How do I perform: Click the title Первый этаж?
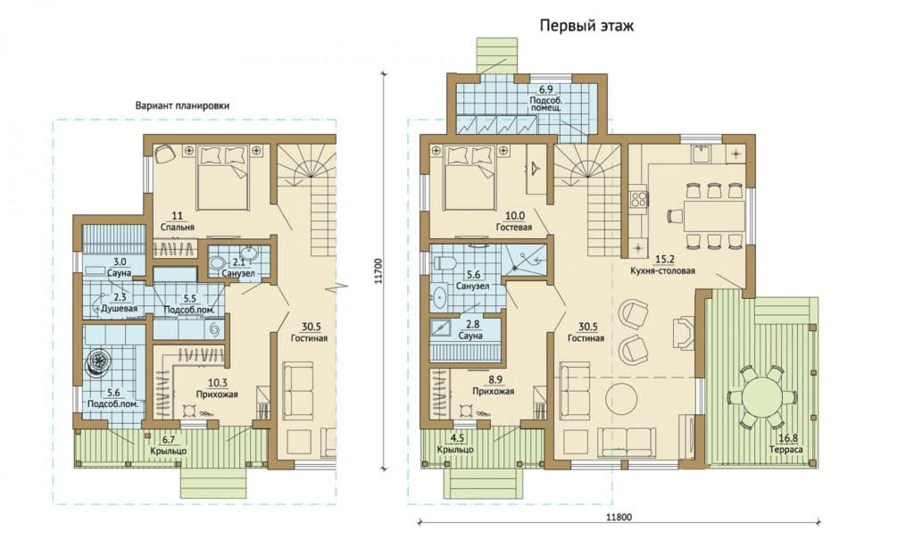tap(586, 26)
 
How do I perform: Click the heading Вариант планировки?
tap(182, 105)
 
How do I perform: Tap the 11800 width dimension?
tap(619, 517)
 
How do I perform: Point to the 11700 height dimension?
tap(378, 271)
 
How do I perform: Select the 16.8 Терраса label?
tap(785, 444)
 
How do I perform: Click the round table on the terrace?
tap(764, 396)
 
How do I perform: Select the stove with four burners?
tap(637, 199)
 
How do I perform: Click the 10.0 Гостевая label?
tap(514, 222)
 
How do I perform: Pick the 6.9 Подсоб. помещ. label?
tap(545, 98)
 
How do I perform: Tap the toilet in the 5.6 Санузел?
tap(445, 264)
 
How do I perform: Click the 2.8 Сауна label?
tap(471, 331)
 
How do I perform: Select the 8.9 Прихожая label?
tap(493, 386)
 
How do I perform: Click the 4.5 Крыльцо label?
tap(455, 444)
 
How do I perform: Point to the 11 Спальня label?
tap(178, 221)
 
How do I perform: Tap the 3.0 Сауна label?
tap(120, 268)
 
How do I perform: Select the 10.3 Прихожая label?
tap(217, 389)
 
